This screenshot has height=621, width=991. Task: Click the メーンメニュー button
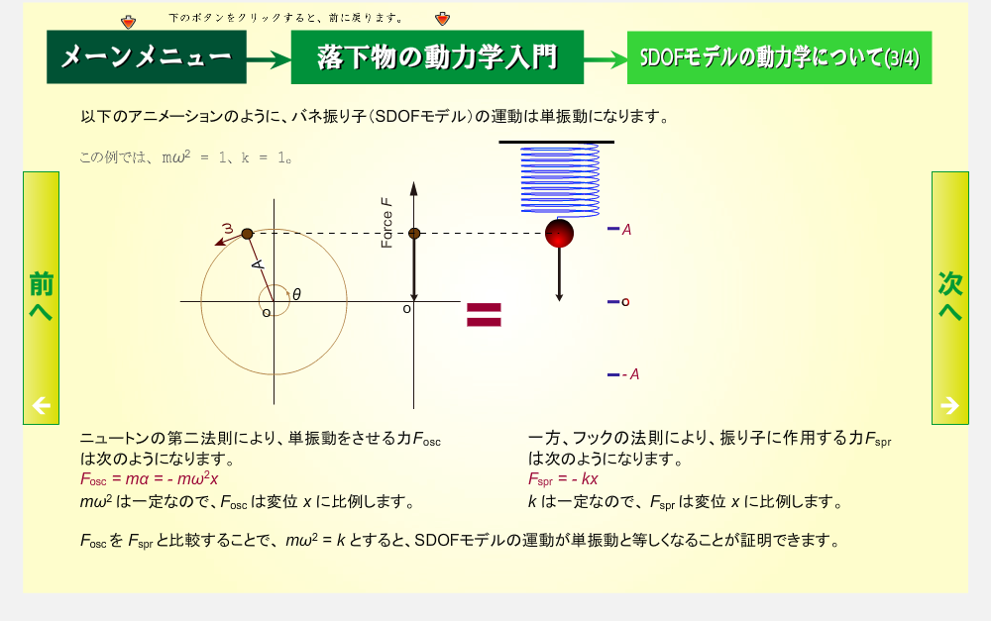(x=146, y=56)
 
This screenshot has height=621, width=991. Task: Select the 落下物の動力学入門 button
(x=437, y=56)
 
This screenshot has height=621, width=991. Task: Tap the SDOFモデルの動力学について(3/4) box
(x=779, y=57)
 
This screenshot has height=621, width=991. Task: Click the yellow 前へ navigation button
(x=41, y=297)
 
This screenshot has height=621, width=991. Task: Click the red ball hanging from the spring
(x=559, y=233)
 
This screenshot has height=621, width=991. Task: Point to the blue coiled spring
(x=560, y=180)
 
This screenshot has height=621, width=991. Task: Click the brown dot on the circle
(x=247, y=234)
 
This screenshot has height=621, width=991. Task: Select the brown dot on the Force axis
(x=414, y=233)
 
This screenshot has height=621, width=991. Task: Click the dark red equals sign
(x=484, y=315)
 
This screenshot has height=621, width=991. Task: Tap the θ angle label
(x=296, y=294)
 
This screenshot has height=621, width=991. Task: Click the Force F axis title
(x=386, y=223)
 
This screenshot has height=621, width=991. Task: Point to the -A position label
(x=630, y=374)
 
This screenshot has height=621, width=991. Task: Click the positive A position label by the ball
(x=626, y=230)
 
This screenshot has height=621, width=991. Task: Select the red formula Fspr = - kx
(x=563, y=479)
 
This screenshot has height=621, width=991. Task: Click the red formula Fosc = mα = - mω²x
(x=150, y=478)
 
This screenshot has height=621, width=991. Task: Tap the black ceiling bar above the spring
(x=556, y=143)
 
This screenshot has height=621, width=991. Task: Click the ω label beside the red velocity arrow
(x=228, y=228)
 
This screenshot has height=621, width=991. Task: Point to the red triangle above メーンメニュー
(x=128, y=23)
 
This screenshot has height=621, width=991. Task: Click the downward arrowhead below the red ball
(x=559, y=296)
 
